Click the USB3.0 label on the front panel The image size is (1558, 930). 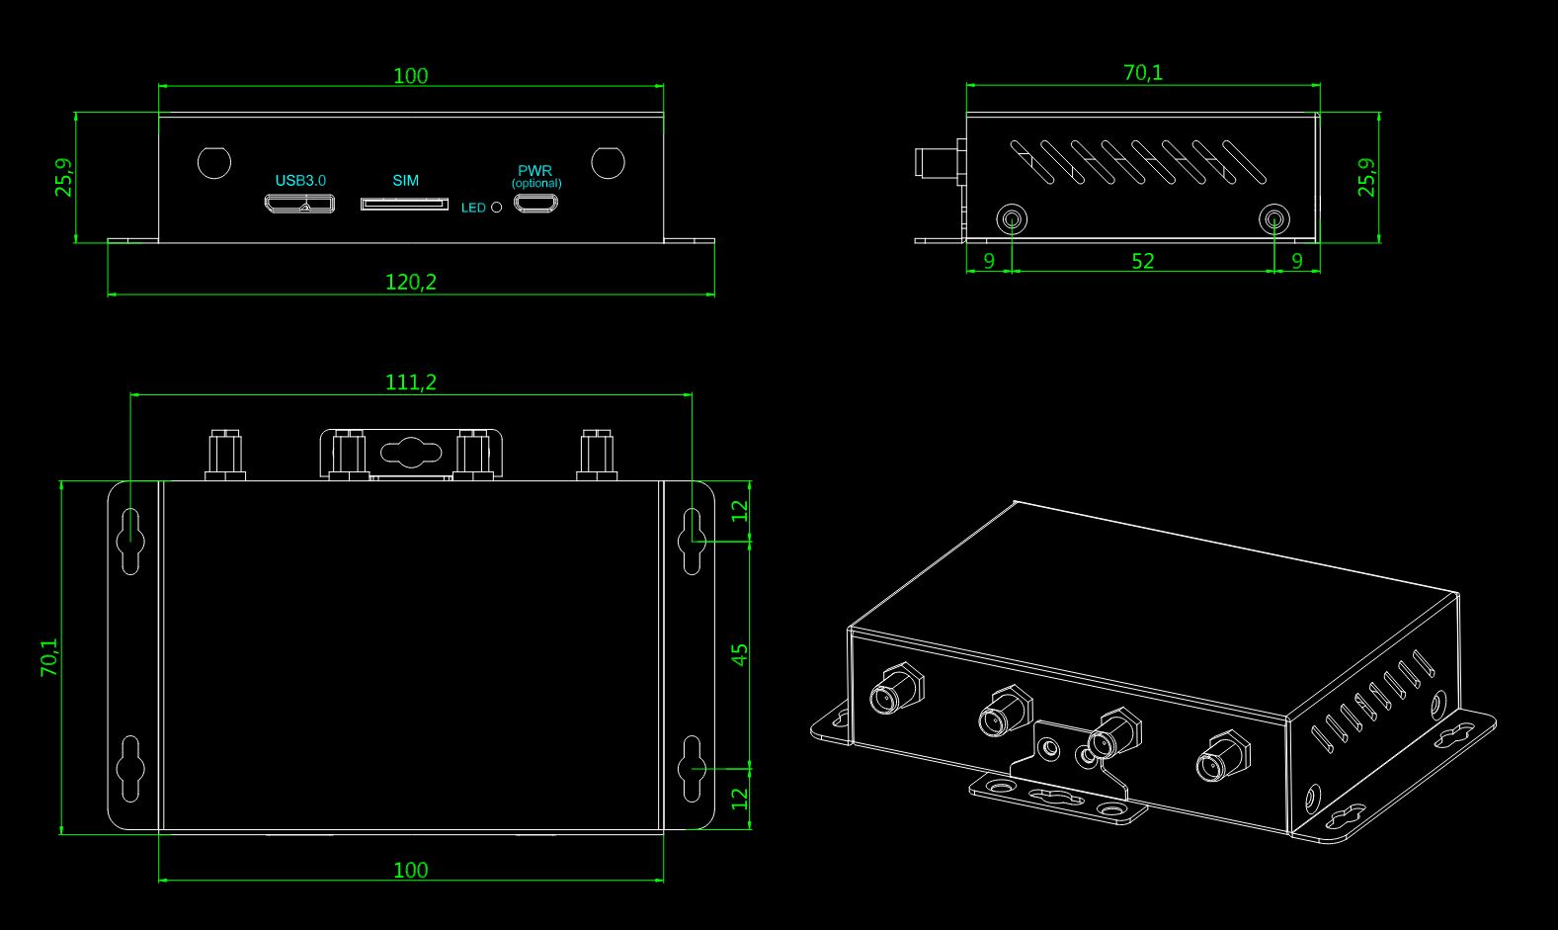300,181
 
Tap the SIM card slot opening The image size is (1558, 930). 404,204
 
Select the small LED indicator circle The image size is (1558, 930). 497,207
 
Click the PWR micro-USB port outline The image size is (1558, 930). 535,203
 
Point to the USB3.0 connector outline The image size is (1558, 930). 299,204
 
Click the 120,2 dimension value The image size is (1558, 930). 411,282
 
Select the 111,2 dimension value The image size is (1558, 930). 411,381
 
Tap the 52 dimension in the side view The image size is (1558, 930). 1143,261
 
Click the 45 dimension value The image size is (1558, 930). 740,654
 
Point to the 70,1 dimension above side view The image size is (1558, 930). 1143,72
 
